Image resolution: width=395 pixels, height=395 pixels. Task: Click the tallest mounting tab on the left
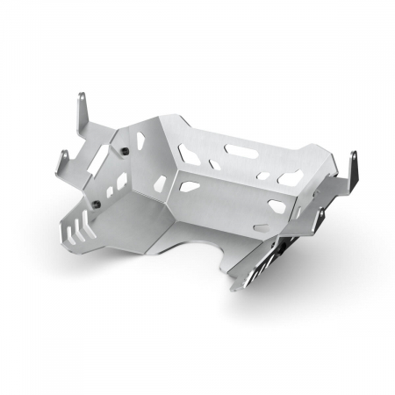click(x=82, y=110)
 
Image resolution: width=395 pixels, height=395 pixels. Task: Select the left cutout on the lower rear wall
click(x=189, y=185)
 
